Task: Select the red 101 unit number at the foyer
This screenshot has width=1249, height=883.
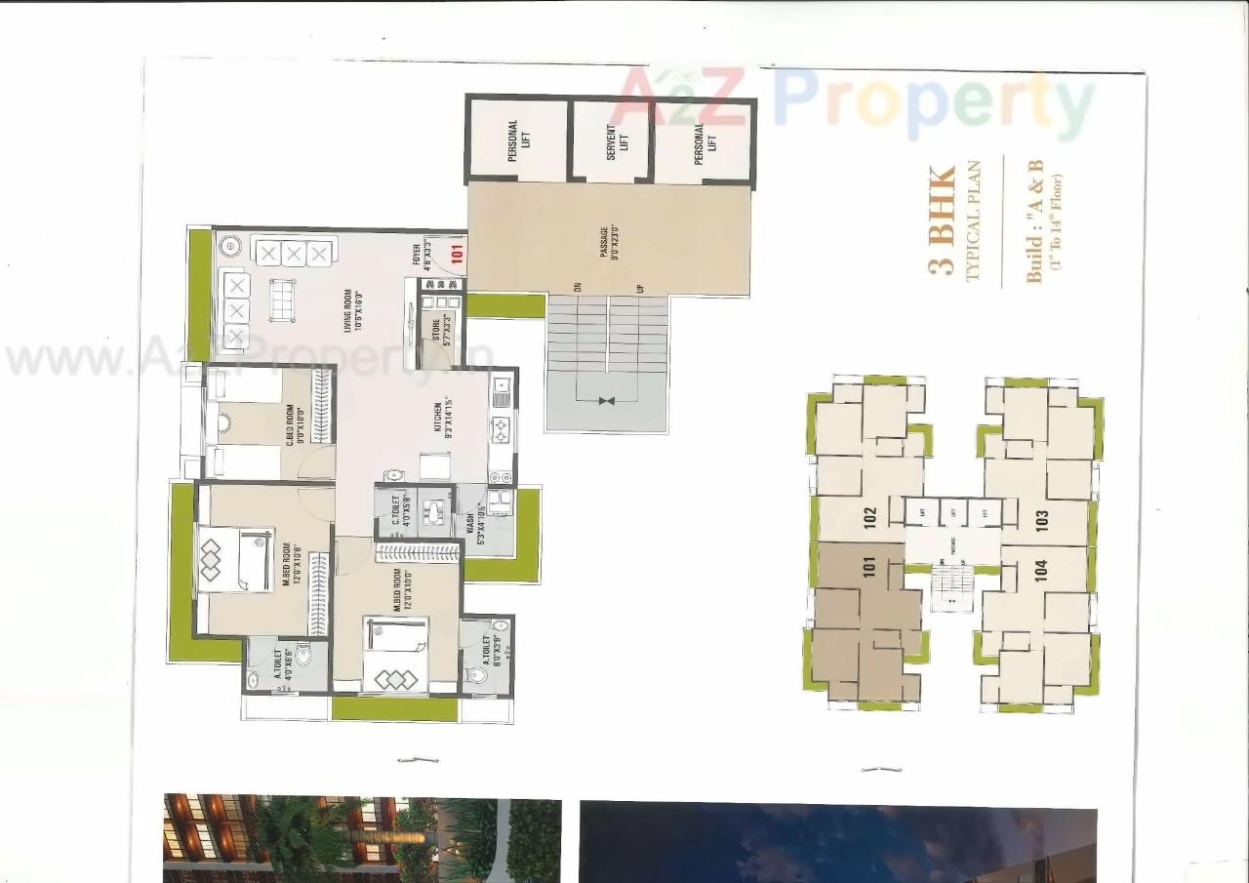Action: click(x=457, y=252)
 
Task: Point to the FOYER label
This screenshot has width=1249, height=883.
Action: click(x=423, y=254)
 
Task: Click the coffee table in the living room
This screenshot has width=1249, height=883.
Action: click(x=283, y=300)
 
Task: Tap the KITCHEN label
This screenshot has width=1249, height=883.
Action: click(x=444, y=418)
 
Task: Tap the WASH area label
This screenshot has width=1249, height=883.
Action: click(x=474, y=527)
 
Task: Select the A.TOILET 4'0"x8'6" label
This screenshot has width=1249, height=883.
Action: click(x=282, y=662)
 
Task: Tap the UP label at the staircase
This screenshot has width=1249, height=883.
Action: click(x=640, y=290)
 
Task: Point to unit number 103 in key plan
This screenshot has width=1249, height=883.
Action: click(x=1042, y=519)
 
